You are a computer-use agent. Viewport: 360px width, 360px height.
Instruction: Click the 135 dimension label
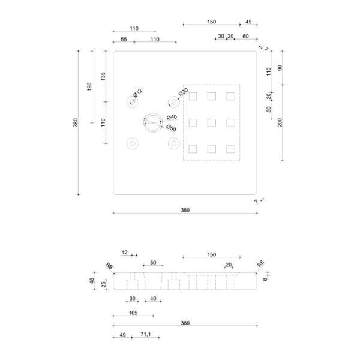pos(103,77)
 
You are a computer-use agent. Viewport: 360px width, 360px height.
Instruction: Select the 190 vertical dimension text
pos(89,87)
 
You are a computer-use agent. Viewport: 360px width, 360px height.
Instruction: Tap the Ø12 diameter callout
pos(137,93)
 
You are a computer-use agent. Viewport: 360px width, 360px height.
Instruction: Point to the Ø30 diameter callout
pos(183,93)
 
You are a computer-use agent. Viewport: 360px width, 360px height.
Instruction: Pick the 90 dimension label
pos(280,67)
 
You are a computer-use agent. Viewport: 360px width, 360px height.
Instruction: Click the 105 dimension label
pos(133,313)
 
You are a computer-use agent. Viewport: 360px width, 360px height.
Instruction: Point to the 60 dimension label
pos(245,36)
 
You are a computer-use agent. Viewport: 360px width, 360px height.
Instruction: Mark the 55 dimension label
pos(124,39)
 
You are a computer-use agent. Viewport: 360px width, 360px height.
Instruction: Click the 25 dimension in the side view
pos(104,284)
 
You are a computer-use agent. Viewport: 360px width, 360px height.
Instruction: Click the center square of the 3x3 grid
pos(212,123)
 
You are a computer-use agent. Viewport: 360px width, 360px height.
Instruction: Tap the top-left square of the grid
pos(193,96)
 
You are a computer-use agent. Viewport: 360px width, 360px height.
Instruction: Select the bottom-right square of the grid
pos(230,149)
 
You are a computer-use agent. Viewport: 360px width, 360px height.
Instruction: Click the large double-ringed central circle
pos(153,123)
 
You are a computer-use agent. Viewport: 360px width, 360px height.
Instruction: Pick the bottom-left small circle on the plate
pos(132,143)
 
